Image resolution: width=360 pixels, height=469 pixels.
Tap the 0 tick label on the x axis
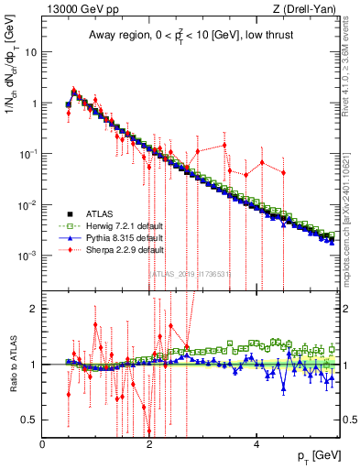pos(42,444)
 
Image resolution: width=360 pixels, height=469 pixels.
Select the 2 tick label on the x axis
pos(149,444)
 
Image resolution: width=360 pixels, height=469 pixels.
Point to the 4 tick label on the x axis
pos(256,444)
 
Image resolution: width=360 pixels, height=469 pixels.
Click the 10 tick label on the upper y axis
pos(29,52)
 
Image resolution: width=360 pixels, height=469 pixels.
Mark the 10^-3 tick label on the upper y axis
pos(27,255)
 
